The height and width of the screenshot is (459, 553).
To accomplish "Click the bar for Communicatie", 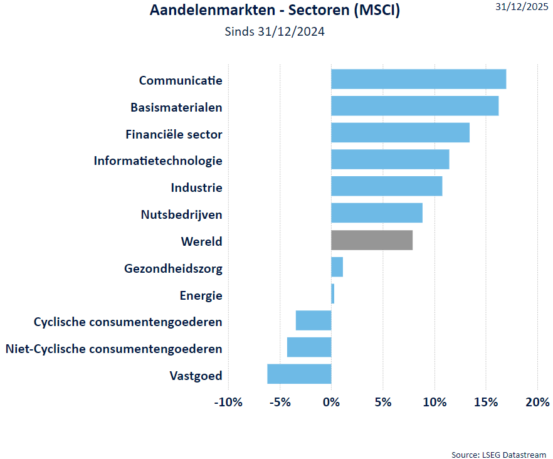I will (418, 80).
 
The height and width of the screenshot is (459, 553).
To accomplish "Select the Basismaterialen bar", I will (414, 106).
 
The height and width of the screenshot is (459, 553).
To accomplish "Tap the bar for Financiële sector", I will (400, 133).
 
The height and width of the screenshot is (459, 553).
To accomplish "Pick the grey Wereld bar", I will (372, 240).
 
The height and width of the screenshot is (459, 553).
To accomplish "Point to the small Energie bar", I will (333, 293).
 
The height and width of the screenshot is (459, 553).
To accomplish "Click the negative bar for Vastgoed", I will (299, 374).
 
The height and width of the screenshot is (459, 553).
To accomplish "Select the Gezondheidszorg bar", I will (337, 267).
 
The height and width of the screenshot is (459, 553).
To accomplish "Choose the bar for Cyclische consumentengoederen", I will (313, 320).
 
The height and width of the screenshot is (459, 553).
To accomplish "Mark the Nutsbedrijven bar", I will (377, 213).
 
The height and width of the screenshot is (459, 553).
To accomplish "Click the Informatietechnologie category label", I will (158, 161).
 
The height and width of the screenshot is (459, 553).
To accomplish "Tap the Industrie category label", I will (196, 187).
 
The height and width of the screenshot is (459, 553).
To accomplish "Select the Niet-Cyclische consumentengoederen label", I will (113, 349).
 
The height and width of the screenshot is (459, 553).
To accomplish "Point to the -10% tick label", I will (228, 402).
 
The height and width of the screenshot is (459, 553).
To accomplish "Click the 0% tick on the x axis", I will (331, 402).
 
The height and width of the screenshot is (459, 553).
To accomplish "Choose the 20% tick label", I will (537, 402).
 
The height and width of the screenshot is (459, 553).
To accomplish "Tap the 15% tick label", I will (485, 402).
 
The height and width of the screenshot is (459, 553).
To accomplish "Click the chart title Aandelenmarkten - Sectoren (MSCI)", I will (275, 11).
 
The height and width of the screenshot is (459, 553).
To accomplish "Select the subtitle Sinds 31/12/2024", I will (275, 31).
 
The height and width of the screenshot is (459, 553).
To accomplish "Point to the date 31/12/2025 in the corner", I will (521, 7).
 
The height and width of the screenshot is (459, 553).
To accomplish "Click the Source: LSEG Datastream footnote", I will (498, 454).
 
